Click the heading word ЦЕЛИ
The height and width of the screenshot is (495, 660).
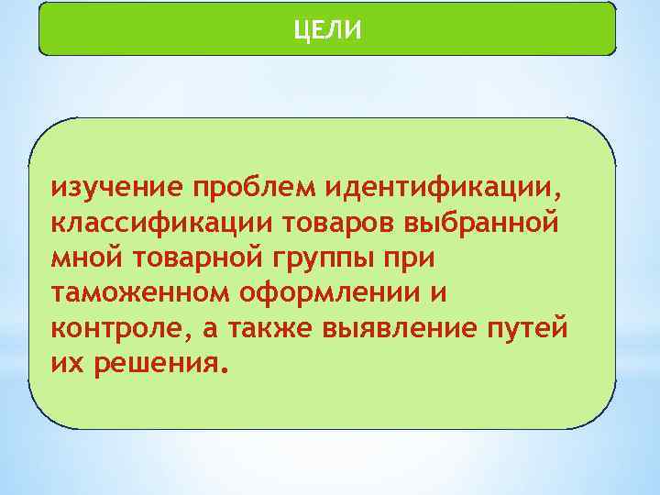click(x=328, y=31)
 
